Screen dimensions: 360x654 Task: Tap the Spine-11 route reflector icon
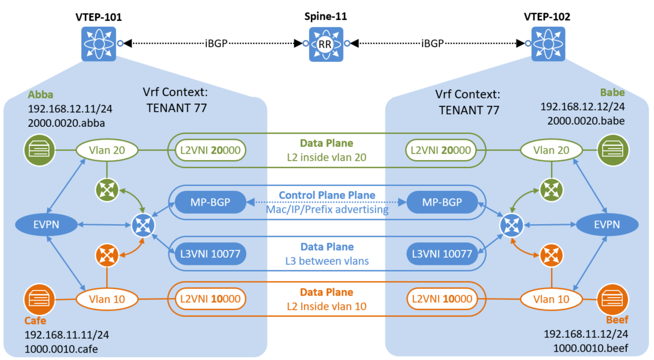pos(325,43)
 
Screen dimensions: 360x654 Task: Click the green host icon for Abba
pos(39,150)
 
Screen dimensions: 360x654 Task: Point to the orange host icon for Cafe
pos(39,299)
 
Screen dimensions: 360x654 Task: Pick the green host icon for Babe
pos(612,150)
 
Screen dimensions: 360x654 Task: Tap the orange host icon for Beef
pos(612,299)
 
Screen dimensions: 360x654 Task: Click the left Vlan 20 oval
pos(107,150)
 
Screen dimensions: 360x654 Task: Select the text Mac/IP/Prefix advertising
pos(326,210)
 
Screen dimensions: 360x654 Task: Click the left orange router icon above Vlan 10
pos(107,255)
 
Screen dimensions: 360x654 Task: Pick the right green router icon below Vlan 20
pos(551,189)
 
